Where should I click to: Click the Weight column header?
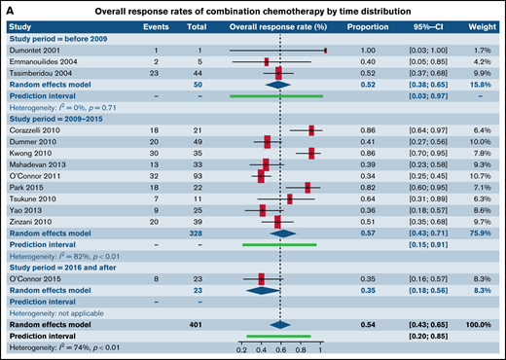pyautogui.click(x=484, y=26)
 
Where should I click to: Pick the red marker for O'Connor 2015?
pyautogui.click(x=261, y=278)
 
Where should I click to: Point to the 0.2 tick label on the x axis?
pyautogui.click(x=240, y=347)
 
